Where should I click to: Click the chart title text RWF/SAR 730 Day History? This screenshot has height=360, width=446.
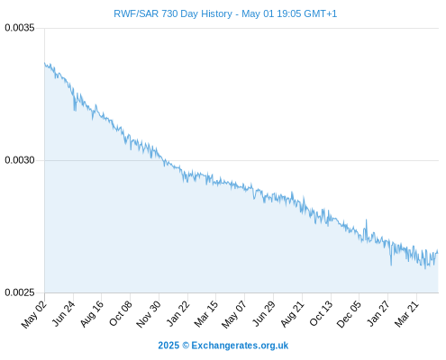click(x=173, y=13)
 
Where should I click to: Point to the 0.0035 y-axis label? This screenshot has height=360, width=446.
click(x=20, y=28)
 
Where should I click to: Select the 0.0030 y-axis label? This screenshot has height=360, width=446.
click(x=20, y=160)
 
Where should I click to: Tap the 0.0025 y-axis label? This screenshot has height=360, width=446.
click(x=20, y=292)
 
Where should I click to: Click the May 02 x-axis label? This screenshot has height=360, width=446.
click(x=34, y=314)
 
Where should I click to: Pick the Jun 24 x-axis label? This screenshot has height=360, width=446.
click(x=63, y=313)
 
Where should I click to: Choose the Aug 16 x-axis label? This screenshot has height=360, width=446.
click(x=92, y=313)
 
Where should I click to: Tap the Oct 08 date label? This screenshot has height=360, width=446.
click(x=121, y=313)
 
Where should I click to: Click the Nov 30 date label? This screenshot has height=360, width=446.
click(x=149, y=314)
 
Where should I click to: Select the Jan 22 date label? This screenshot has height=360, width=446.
click(x=178, y=313)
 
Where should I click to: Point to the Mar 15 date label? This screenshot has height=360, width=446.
click(x=206, y=314)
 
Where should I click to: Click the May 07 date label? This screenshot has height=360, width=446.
click(x=234, y=314)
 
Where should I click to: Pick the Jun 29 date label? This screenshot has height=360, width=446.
click(x=263, y=313)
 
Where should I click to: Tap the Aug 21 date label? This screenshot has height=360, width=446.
click(x=292, y=313)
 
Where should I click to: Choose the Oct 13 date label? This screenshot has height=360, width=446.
click(x=321, y=313)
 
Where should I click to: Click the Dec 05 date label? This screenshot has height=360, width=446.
click(x=349, y=314)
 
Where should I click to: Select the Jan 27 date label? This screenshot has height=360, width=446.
click(x=378, y=313)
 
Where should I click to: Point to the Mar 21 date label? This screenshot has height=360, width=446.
click(x=406, y=314)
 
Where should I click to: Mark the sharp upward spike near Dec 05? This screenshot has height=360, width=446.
click(x=366, y=220)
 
